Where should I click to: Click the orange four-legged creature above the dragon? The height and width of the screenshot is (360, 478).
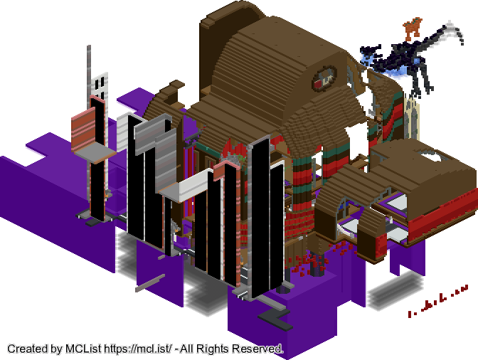coord(413,28)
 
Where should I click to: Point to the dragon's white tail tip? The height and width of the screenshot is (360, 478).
coord(455,31)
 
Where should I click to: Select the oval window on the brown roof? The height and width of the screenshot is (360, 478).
coord(324,78)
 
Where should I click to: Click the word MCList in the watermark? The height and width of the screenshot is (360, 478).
coord(83,349)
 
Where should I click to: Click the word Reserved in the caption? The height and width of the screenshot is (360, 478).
coord(257,349)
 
